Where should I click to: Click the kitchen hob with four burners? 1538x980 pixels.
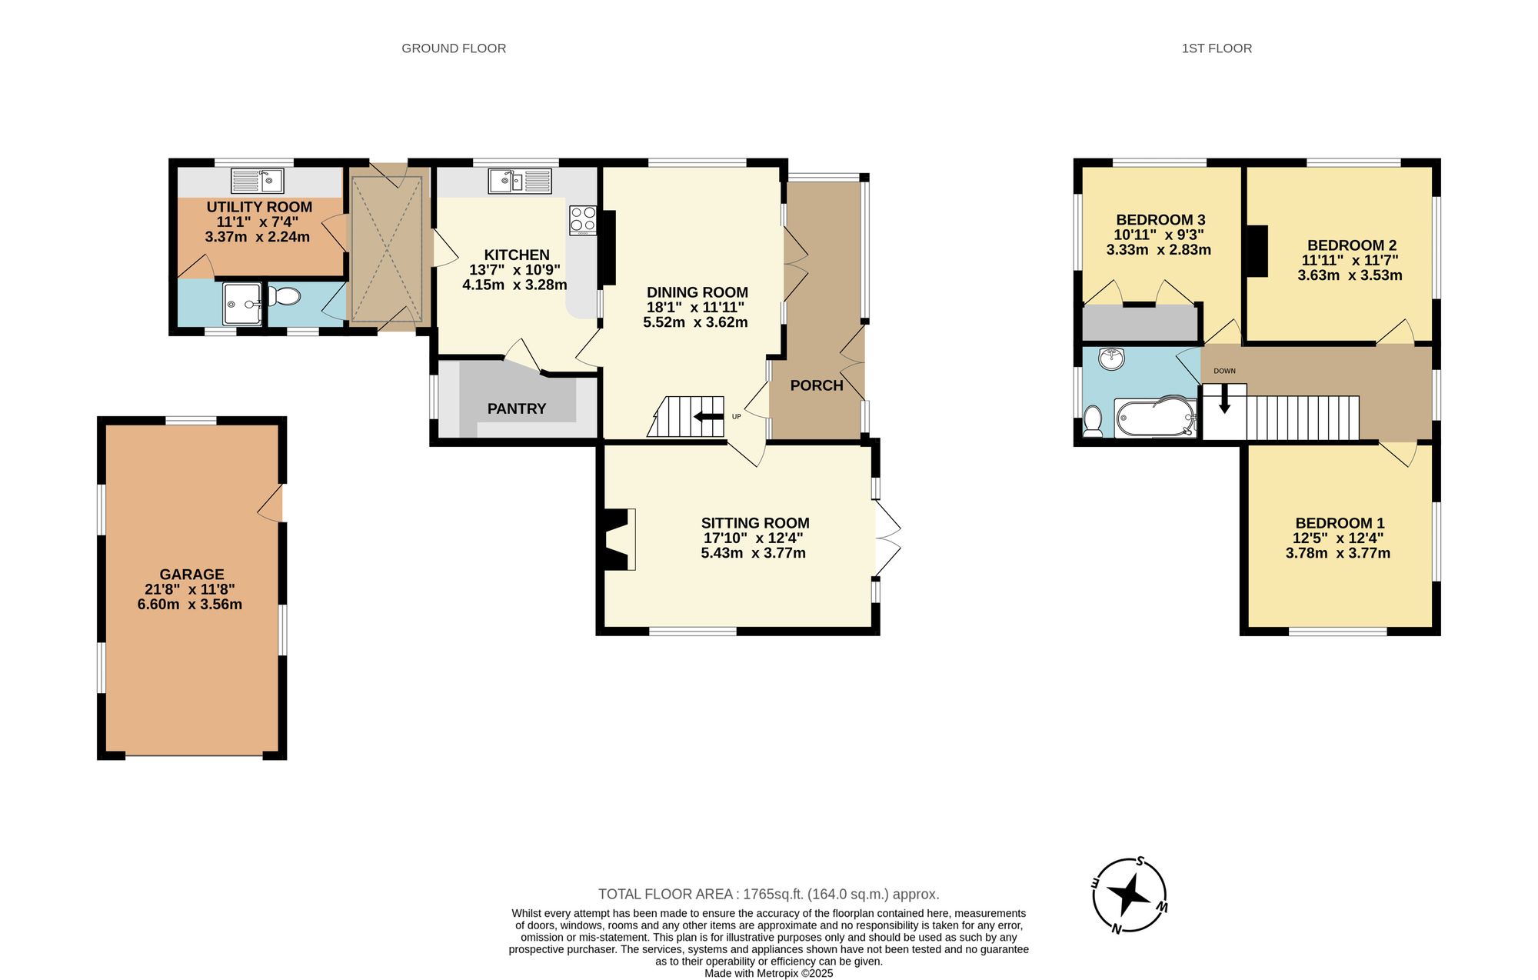583,220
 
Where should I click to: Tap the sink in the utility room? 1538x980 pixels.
258,181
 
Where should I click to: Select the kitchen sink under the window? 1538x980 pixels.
520,182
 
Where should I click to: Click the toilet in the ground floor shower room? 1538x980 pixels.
287,296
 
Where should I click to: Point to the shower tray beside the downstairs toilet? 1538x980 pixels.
241,304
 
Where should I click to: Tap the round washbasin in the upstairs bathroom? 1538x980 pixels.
1111,358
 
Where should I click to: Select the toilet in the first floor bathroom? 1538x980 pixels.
1092,422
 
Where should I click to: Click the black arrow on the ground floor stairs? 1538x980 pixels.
708,417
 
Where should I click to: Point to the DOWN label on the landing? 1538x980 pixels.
1224,371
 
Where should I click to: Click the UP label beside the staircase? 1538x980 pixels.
736,416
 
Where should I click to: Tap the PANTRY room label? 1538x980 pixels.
517,408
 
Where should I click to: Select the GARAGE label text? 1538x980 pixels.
191,574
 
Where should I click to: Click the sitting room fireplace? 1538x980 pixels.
618,539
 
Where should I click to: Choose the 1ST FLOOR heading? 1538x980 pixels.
1217,48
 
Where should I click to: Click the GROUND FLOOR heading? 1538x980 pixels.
454,48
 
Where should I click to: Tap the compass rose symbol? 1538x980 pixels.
1129,895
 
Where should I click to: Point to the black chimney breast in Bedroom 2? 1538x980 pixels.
1257,250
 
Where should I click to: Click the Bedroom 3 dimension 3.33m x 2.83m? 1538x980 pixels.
1159,250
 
